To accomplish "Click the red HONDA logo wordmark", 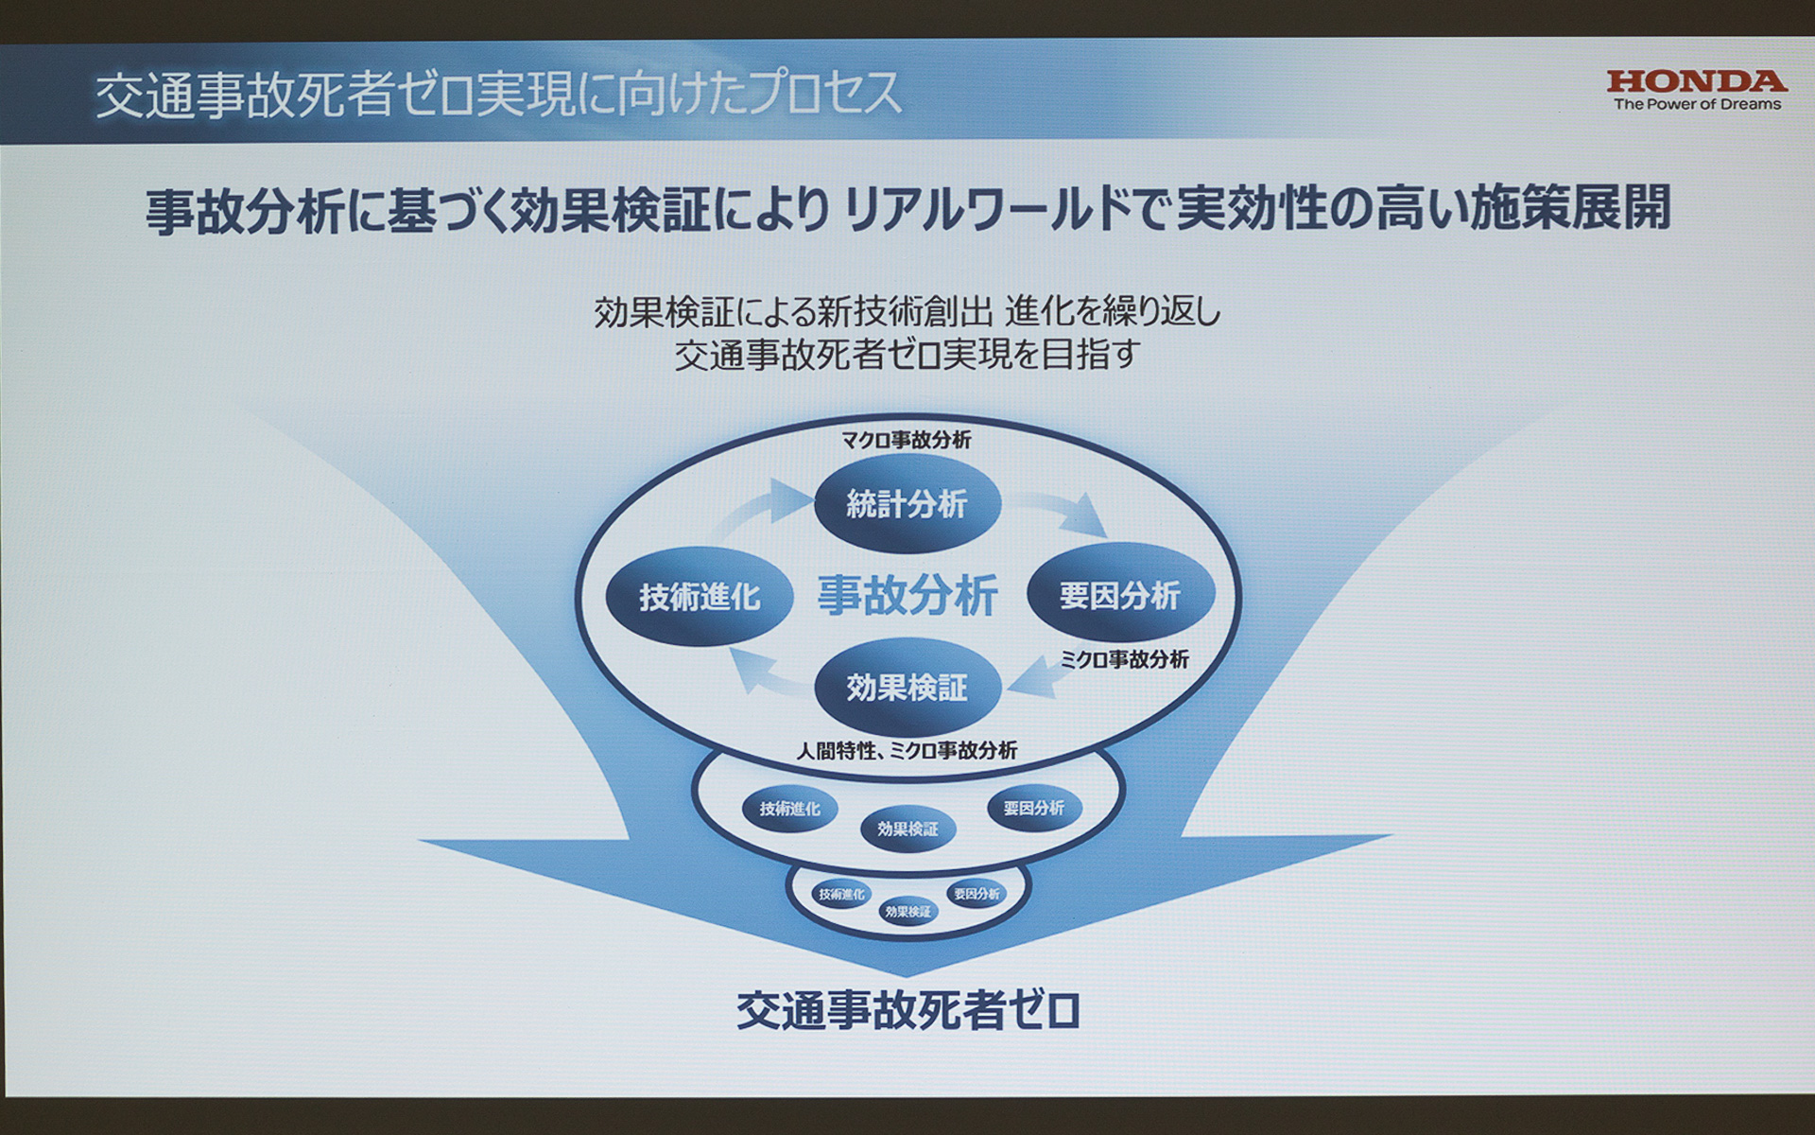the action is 1697,81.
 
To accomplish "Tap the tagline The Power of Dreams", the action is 1697,104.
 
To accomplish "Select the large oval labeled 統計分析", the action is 907,504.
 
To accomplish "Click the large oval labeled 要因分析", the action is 1120,596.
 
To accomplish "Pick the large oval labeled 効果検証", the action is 907,688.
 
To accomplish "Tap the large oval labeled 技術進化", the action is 700,597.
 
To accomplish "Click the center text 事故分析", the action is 907,596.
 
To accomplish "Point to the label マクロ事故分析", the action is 907,440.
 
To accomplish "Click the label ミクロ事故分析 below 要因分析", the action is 1124,660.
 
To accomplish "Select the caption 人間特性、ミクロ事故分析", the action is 907,751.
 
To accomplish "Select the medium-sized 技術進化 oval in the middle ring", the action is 790,810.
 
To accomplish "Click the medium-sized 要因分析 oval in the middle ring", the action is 1034,809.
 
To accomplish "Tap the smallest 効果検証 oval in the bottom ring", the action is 907,912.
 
